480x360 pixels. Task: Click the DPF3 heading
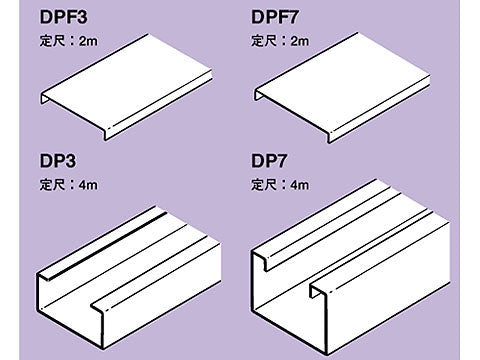(64, 17)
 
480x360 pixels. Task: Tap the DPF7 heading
(275, 17)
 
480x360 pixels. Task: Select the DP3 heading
(58, 161)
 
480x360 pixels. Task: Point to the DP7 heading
(269, 161)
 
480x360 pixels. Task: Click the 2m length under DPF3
(88, 41)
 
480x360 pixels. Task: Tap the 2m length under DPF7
(300, 41)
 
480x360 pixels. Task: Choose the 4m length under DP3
(88, 185)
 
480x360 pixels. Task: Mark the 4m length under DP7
(300, 185)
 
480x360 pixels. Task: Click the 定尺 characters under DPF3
(52, 41)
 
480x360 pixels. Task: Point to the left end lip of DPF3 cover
(43, 98)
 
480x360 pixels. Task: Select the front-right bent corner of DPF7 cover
(330, 137)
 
